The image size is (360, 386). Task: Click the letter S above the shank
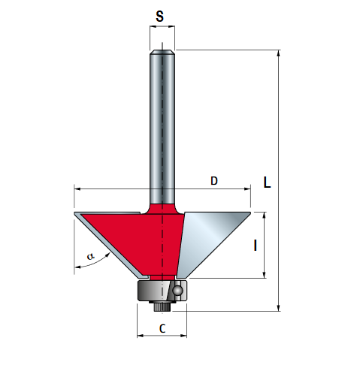point(159,17)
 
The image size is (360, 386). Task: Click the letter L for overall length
point(267,182)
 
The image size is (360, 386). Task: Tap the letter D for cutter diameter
point(214,181)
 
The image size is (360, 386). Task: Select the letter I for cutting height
point(256,246)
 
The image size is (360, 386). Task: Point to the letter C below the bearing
point(162,328)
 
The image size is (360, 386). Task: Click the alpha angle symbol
point(90,256)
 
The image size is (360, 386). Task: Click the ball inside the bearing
point(177,291)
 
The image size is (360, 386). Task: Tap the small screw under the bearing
point(162,306)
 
